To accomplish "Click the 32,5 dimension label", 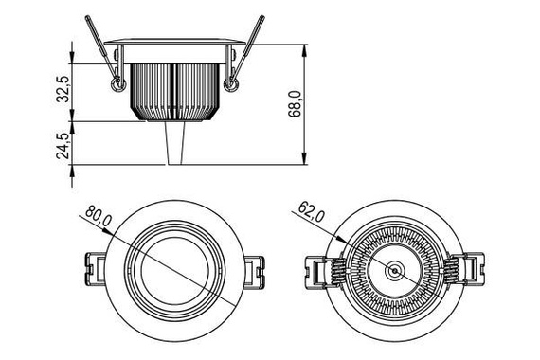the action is pos(63,89).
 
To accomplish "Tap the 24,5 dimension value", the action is pos(63,145).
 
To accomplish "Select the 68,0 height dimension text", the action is pos(296,104).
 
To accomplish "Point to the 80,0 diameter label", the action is pos(99,216).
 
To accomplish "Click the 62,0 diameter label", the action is pos(312,212).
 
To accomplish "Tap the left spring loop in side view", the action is pos(117,84).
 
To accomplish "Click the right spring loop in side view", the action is pos(231,84).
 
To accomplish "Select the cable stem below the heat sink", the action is pos(175,143).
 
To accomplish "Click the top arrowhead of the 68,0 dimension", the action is pos(304,50).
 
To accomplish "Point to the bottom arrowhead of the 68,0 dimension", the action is pos(304,158).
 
